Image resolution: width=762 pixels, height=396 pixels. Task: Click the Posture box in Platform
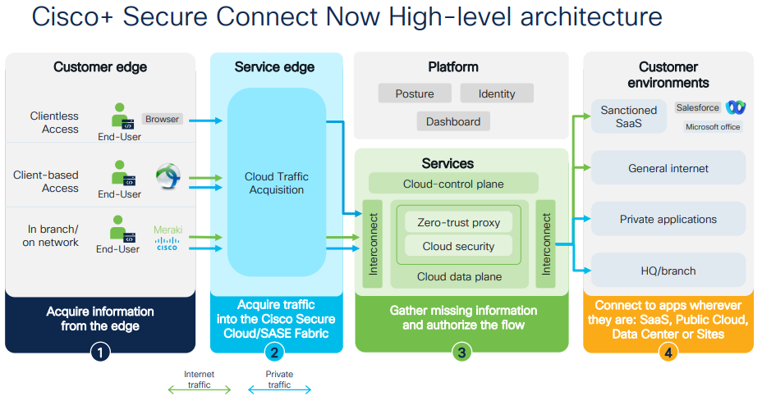tap(415, 93)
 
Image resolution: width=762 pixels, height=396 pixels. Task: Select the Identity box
tap(497, 93)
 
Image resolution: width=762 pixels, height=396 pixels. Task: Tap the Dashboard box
tap(452, 121)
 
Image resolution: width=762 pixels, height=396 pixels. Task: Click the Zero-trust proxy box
tap(459, 222)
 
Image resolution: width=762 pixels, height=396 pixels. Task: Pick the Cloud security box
tap(459, 246)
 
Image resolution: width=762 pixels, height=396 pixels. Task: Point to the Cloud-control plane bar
tap(453, 184)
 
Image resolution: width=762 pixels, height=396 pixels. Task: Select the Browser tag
tap(162, 119)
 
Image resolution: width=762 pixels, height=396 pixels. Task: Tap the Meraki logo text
tap(168, 230)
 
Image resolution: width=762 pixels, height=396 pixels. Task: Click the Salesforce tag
tap(697, 107)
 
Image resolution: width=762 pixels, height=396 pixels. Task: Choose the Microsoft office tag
tap(713, 126)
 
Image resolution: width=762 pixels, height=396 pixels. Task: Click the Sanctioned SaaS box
tap(629, 116)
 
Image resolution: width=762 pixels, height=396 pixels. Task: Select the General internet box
tap(668, 168)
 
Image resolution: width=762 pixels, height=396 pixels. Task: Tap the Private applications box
tap(668, 219)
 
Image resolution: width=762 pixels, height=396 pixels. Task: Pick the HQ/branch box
tap(668, 271)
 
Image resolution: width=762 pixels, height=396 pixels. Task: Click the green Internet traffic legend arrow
tap(199, 390)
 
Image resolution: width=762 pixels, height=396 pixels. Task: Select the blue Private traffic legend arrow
tap(279, 390)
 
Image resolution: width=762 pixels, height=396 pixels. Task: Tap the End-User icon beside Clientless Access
tap(121, 116)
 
